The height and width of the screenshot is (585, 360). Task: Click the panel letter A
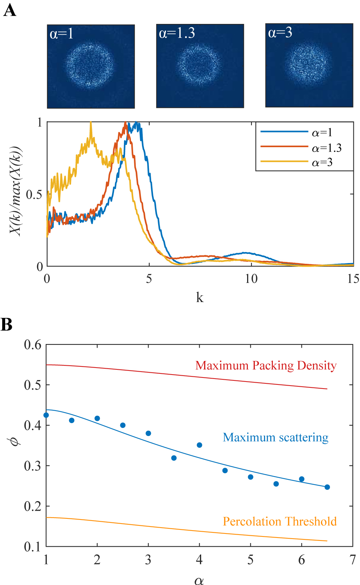10,10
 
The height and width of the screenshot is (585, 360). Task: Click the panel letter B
7,325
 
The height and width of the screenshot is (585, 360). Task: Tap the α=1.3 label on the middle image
177,33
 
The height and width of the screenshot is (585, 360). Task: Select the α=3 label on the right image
280,33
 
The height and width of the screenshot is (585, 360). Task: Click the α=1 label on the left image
61,34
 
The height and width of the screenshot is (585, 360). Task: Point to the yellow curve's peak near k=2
91,124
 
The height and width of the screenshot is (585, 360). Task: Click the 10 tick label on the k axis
251,279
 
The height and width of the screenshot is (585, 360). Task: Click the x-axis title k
200,297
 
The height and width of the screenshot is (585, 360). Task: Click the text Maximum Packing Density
266,365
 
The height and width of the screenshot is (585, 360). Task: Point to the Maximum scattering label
275,437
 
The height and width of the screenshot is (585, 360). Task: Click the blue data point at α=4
200,445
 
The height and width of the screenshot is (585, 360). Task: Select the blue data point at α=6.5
327,487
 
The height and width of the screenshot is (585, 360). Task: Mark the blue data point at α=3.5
174,458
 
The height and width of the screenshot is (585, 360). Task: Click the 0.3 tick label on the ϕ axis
32,466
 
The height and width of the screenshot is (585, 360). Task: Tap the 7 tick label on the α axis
353,560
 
